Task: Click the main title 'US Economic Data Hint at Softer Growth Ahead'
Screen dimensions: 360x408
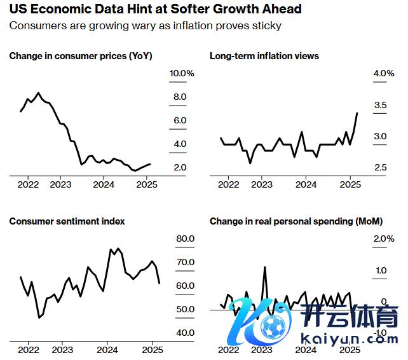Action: point(155,10)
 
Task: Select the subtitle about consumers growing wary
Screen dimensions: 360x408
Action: point(145,26)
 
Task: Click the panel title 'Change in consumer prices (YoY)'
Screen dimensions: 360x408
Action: point(81,56)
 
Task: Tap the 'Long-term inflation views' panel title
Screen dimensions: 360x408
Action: point(264,56)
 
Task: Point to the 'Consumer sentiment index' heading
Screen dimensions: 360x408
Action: point(67,221)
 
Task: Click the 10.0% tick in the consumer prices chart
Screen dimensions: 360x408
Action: point(181,74)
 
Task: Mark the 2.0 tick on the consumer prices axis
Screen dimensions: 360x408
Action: point(179,167)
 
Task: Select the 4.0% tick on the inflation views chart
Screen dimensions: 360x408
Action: point(384,74)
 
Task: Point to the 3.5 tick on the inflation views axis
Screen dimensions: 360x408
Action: point(380,105)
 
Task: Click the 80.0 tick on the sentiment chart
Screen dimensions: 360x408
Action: point(184,239)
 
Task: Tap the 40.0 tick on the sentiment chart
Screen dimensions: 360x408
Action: point(184,333)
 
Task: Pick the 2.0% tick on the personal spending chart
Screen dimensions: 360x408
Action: point(384,239)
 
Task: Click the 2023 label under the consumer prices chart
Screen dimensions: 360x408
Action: point(60,184)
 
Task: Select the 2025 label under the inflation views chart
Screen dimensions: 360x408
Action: point(351,184)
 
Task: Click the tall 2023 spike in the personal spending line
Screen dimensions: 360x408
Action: point(264,267)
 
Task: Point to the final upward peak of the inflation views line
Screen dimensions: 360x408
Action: point(357,113)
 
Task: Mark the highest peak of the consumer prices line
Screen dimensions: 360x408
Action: point(39,93)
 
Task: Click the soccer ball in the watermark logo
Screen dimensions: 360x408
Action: point(275,328)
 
